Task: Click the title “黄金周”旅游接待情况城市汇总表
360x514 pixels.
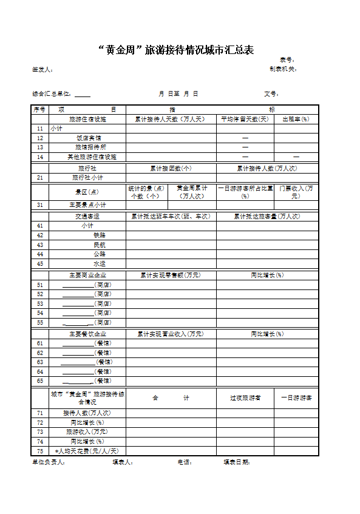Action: tap(175, 50)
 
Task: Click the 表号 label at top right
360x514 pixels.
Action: tap(287, 60)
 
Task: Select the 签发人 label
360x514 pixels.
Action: tap(42, 69)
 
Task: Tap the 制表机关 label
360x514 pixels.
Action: tap(283, 69)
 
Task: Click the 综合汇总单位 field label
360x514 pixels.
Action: tap(52, 94)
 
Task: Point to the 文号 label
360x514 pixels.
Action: tap(271, 94)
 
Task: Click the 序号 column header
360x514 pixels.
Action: tap(39, 110)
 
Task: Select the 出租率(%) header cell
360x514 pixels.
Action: tap(296, 119)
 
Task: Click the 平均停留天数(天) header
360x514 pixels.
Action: tap(245, 119)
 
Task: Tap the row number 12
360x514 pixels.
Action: tap(39, 138)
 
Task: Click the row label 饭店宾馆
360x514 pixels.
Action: tap(88, 138)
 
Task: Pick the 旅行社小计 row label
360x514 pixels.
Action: tap(87, 178)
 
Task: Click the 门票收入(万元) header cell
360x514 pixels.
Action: tap(296, 192)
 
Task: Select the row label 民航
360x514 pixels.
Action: tap(99, 245)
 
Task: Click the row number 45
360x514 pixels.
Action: tap(39, 264)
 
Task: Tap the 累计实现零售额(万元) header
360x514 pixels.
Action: tap(171, 275)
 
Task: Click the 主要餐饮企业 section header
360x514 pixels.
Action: tap(87, 334)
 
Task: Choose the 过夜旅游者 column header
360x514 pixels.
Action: tap(245, 398)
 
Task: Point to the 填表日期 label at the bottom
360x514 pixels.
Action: tap(237, 462)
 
